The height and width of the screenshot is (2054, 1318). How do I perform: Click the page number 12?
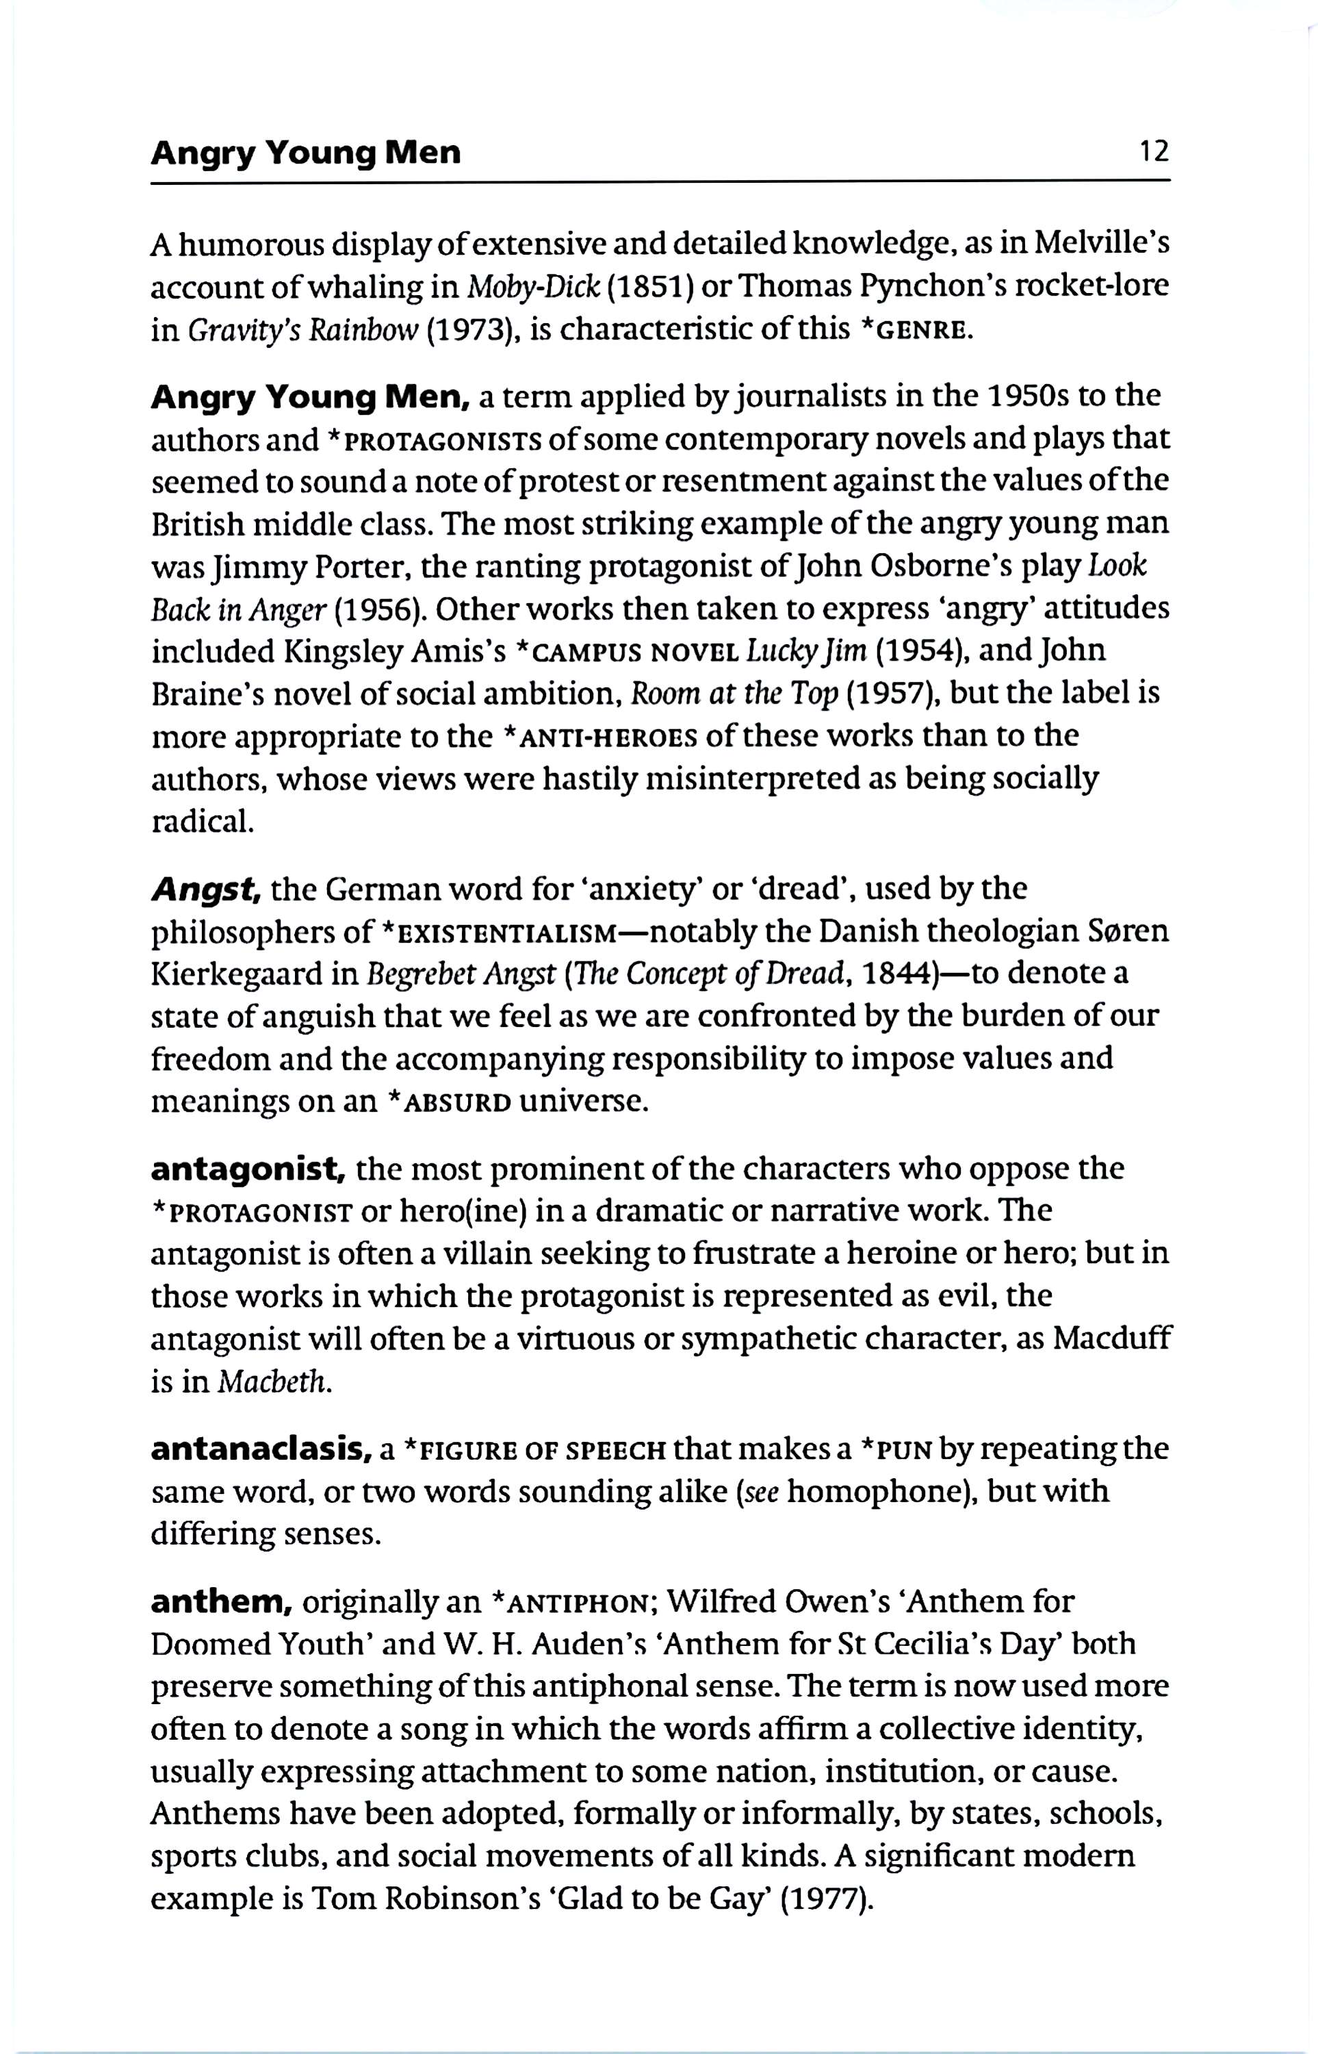pos(1153,153)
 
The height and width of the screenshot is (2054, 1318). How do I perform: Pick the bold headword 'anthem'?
pos(222,1601)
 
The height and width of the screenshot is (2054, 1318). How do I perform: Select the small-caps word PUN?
pos(902,1449)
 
